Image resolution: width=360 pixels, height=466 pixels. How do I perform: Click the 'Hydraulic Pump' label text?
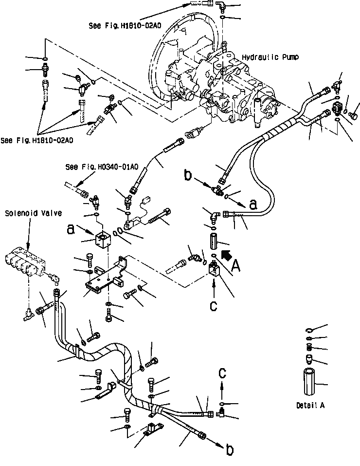click(x=270, y=57)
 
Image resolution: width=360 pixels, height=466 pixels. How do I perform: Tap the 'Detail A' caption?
click(x=310, y=405)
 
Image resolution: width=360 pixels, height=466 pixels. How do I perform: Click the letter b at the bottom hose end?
click(x=229, y=451)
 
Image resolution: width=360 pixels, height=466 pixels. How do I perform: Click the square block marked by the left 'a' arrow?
click(x=103, y=240)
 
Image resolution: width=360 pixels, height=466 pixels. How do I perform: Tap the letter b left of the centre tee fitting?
click(x=188, y=175)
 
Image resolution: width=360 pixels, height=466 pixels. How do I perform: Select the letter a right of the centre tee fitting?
click(x=253, y=205)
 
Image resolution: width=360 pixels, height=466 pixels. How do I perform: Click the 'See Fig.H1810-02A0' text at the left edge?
click(x=36, y=141)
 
